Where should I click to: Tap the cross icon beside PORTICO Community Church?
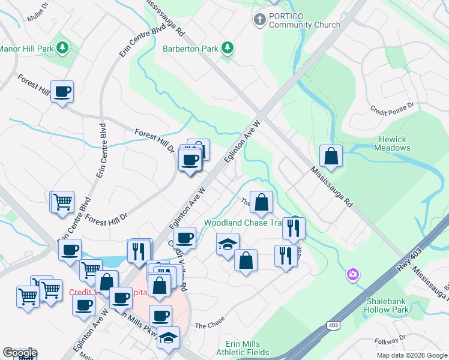[x=260, y=20]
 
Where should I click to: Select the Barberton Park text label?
[x=190, y=48]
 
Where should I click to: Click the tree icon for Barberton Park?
[x=228, y=47]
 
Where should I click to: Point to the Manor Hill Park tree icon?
[x=62, y=47]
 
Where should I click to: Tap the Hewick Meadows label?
[x=393, y=143]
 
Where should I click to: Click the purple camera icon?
[x=353, y=275]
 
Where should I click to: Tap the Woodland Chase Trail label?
[x=243, y=222]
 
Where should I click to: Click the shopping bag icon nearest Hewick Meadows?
[x=331, y=157]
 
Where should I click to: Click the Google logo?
[x=19, y=353]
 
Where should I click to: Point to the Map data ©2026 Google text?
[x=411, y=355]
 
